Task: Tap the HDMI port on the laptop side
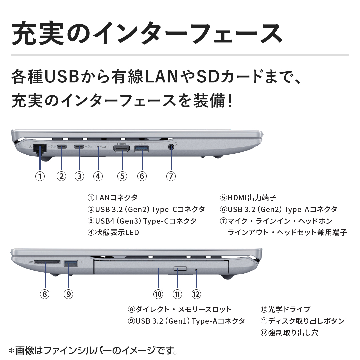pyautogui.click(x=121, y=149)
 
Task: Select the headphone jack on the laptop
pyautogui.click(x=171, y=147)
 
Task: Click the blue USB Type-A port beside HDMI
pyautogui.click(x=141, y=149)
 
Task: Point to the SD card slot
pyautogui.click(x=47, y=262)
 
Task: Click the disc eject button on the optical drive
pyautogui.click(x=180, y=269)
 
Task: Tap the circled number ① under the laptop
pyautogui.click(x=40, y=176)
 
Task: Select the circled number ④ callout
pyautogui.click(x=98, y=176)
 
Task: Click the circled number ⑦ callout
pyautogui.click(x=171, y=176)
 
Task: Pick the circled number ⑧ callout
pyautogui.click(x=45, y=294)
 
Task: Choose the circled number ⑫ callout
pyautogui.click(x=196, y=294)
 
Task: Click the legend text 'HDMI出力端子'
pyautogui.click(x=252, y=197)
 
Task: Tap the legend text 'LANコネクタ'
pyautogui.click(x=116, y=197)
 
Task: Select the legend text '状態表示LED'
pyautogui.click(x=117, y=232)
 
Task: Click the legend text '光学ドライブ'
pyautogui.click(x=289, y=309)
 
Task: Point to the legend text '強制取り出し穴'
pyautogui.click(x=293, y=333)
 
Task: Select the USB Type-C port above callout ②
pyautogui.click(x=62, y=146)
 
